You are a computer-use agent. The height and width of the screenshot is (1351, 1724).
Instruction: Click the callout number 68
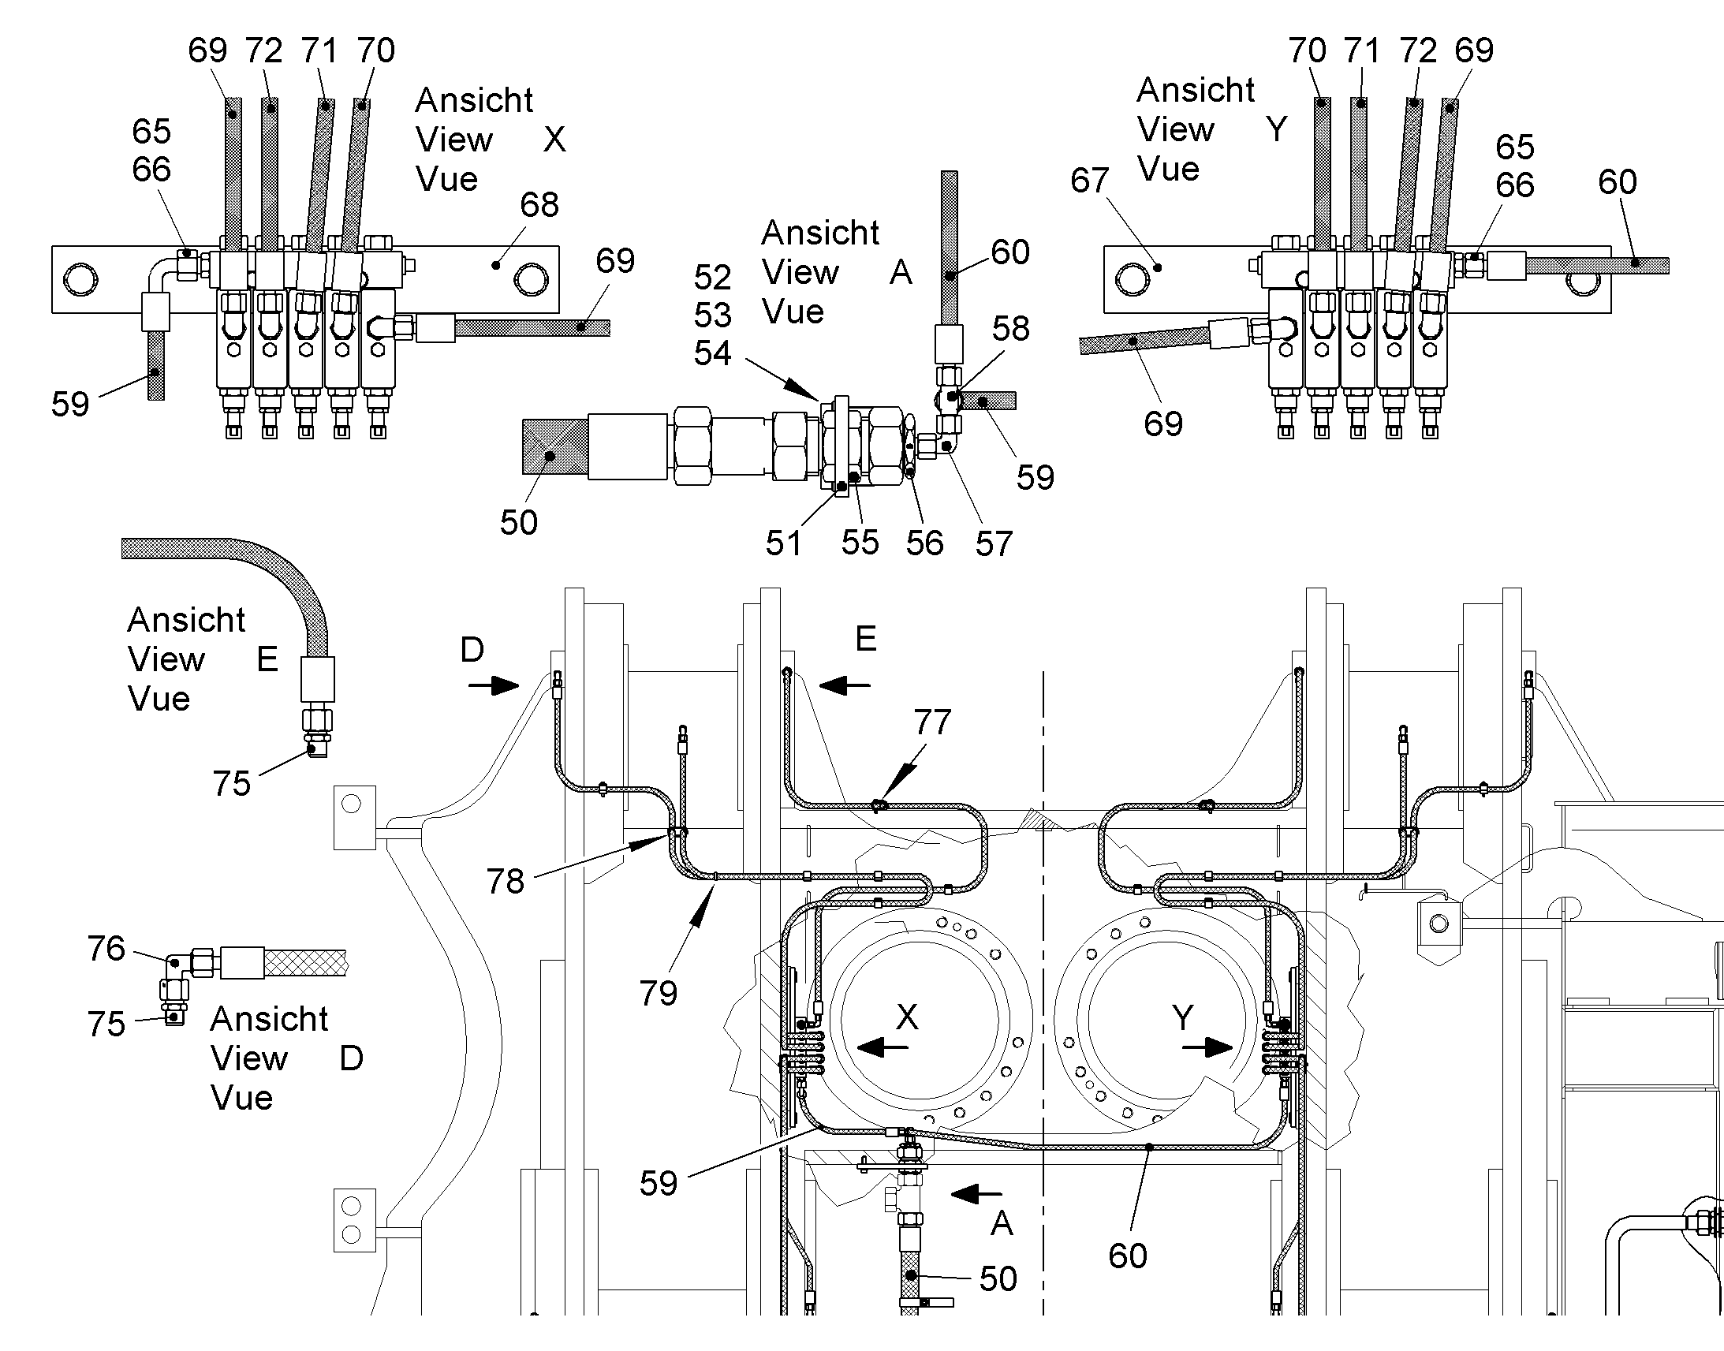(539, 205)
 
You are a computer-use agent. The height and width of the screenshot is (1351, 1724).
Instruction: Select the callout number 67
(1090, 181)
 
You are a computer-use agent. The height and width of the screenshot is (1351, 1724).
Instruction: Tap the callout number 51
(784, 543)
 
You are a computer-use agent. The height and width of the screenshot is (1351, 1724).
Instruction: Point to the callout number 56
(924, 543)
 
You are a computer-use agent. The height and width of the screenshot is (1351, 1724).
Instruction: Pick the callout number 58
(1011, 329)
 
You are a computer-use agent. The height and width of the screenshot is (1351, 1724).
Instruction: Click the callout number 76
(106, 949)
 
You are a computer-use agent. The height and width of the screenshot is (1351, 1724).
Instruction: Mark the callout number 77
(932, 722)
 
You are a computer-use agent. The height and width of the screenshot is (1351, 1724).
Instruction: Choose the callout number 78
(506, 881)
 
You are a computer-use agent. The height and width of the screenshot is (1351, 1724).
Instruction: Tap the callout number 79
(659, 994)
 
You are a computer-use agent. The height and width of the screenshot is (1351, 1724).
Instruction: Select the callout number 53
(712, 315)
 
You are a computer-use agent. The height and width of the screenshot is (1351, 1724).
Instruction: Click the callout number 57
(994, 544)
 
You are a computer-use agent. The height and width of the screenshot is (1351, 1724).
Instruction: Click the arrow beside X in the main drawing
(883, 1048)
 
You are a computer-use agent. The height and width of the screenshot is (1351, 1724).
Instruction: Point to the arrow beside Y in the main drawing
(1207, 1048)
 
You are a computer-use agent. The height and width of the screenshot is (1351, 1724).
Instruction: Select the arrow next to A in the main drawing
(976, 1193)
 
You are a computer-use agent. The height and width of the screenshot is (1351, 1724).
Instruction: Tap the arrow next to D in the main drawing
(494, 685)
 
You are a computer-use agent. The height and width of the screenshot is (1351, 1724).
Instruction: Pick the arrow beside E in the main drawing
(845, 685)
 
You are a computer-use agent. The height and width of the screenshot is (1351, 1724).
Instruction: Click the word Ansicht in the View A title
(820, 233)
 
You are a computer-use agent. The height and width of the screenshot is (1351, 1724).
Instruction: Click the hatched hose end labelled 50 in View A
(555, 447)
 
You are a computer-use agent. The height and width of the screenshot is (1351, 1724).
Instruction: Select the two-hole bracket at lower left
(354, 1219)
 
